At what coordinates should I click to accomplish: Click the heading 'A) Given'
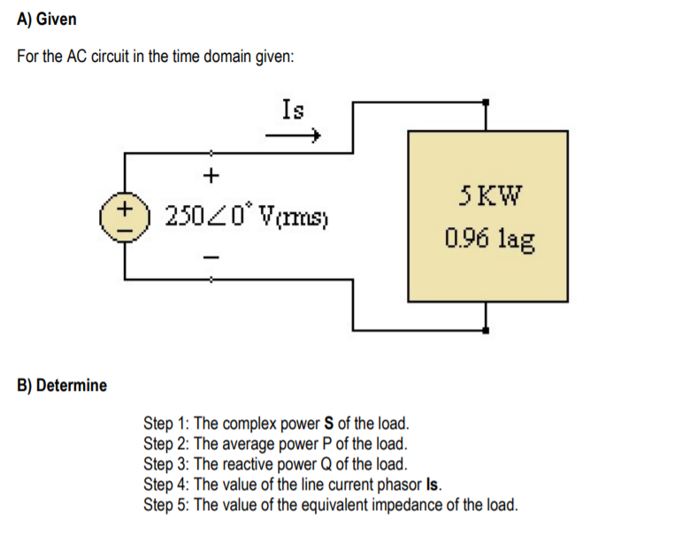pyautogui.click(x=47, y=19)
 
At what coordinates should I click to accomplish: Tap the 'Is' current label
pyautogui.click(x=293, y=110)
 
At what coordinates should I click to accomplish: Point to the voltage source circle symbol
pyautogui.click(x=125, y=216)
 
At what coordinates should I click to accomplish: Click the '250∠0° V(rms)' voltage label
pyautogui.click(x=247, y=216)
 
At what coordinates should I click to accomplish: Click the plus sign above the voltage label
pyautogui.click(x=211, y=175)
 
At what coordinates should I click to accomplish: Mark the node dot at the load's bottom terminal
pyautogui.click(x=486, y=330)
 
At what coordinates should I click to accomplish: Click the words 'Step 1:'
pyautogui.click(x=166, y=423)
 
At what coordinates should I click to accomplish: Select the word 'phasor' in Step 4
pyautogui.click(x=395, y=484)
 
